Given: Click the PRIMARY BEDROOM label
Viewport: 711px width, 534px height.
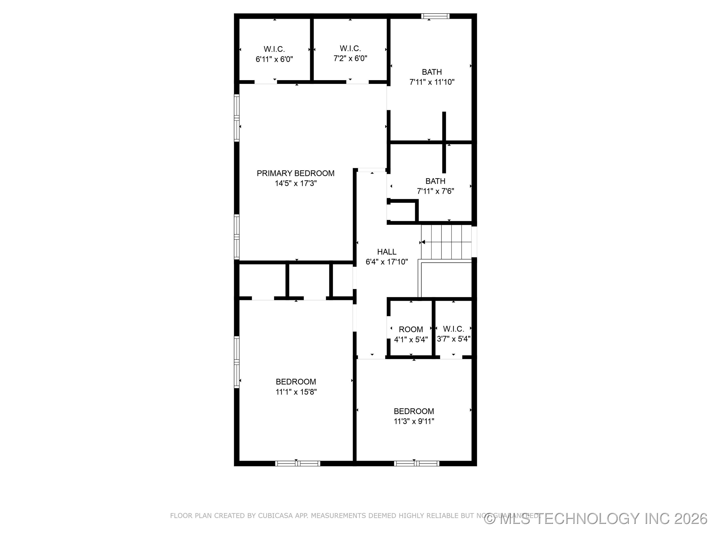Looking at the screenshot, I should (296, 174).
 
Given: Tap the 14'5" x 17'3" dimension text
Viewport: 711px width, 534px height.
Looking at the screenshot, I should (296, 183).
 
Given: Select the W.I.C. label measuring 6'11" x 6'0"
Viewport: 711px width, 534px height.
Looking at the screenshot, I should (274, 49).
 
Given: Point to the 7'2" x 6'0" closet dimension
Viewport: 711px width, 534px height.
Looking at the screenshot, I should (350, 59).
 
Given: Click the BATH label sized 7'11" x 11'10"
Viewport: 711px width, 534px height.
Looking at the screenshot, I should (432, 72).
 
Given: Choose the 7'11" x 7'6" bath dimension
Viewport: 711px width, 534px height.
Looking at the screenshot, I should (435, 191).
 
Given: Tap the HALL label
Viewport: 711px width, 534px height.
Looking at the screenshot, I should (387, 252).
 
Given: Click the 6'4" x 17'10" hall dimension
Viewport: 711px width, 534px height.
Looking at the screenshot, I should (387, 262).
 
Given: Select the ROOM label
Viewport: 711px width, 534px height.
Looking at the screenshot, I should (411, 329).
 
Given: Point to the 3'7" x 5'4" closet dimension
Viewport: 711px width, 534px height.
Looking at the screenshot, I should (454, 339).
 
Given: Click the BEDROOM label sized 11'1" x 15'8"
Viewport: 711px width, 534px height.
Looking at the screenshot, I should (296, 382).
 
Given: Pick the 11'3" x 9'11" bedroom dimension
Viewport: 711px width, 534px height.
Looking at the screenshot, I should (414, 421).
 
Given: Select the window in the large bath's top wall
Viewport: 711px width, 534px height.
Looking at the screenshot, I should (435, 16).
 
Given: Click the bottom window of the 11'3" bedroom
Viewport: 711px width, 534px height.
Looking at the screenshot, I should (416, 464).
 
